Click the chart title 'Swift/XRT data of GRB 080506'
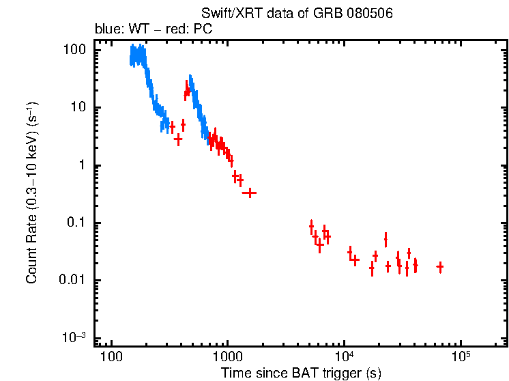click(x=297, y=14)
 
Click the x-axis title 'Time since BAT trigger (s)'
click(x=301, y=373)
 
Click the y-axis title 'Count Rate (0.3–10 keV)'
click(x=32, y=193)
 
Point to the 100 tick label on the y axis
click(x=74, y=50)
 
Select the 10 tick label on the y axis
click(x=78, y=108)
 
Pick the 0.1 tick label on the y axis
click(x=76, y=223)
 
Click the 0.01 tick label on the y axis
click(x=73, y=281)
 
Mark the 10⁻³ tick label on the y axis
click(x=74, y=337)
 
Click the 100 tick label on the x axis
click(x=111, y=358)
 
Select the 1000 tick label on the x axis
click(x=227, y=358)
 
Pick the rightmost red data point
click(x=440, y=267)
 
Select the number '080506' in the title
click(x=369, y=14)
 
